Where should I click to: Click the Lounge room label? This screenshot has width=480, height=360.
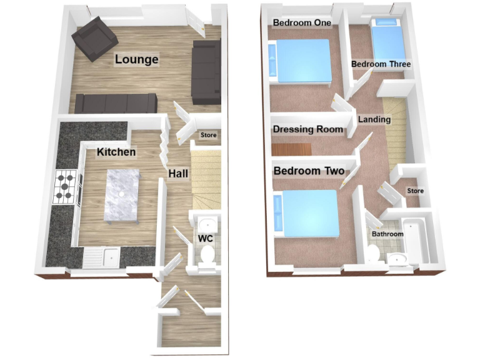pyautogui.click(x=136, y=60)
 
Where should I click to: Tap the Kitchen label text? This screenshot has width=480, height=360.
pyautogui.click(x=116, y=152)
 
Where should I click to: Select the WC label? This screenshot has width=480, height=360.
pyautogui.click(x=206, y=239)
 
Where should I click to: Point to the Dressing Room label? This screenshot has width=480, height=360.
pyautogui.click(x=308, y=129)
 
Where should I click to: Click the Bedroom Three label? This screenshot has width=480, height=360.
pyautogui.click(x=381, y=64)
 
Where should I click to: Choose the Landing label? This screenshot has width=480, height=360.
pyautogui.click(x=374, y=119)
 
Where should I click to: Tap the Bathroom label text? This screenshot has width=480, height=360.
pyautogui.click(x=387, y=234)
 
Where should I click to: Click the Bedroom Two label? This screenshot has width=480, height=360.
pyautogui.click(x=309, y=170)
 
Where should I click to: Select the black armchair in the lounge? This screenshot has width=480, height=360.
pyautogui.click(x=94, y=39)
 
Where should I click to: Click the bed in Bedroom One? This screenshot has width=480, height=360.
pyautogui.click(x=299, y=61)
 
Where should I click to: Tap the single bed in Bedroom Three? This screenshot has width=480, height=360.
pyautogui.click(x=388, y=39)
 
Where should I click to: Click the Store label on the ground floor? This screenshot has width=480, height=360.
pyautogui.click(x=207, y=135)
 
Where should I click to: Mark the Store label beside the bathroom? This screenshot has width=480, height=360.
pyautogui.click(x=415, y=191)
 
